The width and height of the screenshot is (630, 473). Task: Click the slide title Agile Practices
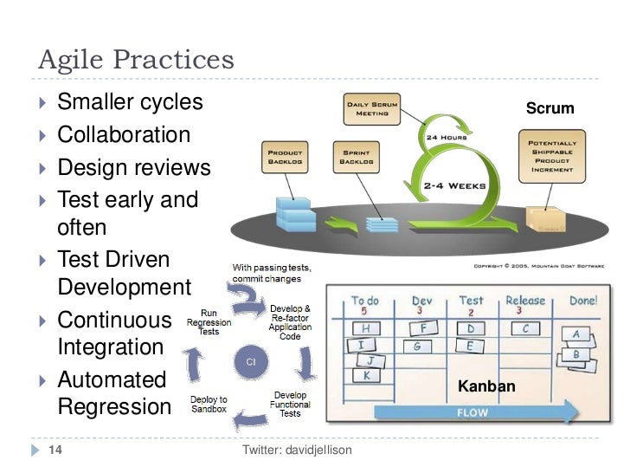coord(136,60)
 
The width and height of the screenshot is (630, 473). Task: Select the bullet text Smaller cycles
coord(130,102)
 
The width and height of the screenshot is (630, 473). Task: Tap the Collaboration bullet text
coord(124,134)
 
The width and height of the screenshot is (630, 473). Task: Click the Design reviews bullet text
coord(133,166)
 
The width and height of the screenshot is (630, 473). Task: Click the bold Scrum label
coord(550,108)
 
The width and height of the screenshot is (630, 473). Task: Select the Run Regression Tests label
coord(209,321)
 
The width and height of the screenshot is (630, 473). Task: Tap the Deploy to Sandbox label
coord(209,404)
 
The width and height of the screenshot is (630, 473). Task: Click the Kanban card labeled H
coord(366,328)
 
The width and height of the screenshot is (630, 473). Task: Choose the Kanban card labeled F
coord(422,328)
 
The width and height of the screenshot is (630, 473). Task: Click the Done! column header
coord(582,301)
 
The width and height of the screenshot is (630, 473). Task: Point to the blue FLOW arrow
coord(472,412)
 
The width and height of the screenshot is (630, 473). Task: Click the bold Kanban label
coord(487,386)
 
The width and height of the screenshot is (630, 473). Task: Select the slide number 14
coord(55,450)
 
